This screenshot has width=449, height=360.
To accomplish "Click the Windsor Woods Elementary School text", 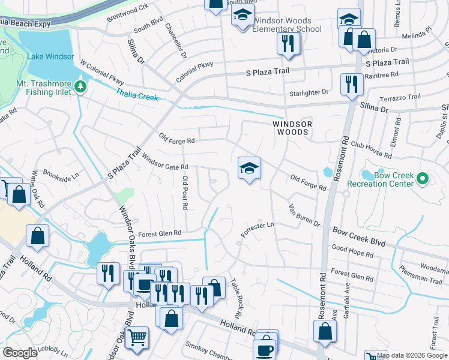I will pos(287,25).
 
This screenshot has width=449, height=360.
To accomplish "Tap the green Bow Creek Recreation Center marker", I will pos(422,179).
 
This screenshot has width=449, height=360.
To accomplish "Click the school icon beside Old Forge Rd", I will pos(249,169).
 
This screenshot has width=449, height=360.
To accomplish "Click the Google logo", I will pos(20,353).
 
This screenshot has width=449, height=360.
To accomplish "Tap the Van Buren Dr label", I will pos(304,214).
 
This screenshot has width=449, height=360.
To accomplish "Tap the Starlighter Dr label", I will pos(309,92).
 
